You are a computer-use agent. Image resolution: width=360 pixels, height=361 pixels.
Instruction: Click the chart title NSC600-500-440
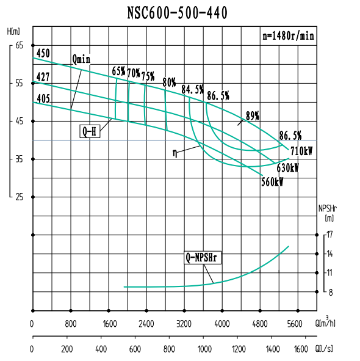click(178, 13)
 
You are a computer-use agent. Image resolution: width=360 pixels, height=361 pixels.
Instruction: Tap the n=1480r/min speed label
click(289, 36)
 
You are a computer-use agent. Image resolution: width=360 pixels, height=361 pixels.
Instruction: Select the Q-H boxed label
click(89, 131)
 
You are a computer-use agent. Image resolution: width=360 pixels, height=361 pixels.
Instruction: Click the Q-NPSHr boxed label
click(202, 258)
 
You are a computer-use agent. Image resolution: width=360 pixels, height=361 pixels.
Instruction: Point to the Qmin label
click(81, 59)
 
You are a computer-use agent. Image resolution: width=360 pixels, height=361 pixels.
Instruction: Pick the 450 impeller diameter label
click(43, 54)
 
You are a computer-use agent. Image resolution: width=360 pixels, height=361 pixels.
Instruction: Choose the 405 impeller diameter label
click(43, 98)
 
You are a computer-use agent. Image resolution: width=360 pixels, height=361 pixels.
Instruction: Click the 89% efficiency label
click(253, 115)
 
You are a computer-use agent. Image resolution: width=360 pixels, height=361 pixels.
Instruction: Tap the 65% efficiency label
click(118, 71)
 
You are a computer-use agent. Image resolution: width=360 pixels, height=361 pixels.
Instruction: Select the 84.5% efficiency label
click(193, 90)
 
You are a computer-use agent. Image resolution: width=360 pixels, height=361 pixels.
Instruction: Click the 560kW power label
click(272, 182)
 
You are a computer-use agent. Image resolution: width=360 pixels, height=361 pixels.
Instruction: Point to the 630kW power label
click(287, 167)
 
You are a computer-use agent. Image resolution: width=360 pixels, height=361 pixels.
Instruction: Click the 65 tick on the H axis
click(19, 45)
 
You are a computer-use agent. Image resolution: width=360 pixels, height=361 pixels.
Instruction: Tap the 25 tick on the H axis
click(19, 197)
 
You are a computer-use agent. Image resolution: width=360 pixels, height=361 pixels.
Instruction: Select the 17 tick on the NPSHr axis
click(329, 235)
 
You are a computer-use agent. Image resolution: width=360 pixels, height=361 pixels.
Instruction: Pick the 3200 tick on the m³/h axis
click(184, 324)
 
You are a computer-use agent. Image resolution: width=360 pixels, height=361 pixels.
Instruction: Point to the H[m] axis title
click(14, 31)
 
